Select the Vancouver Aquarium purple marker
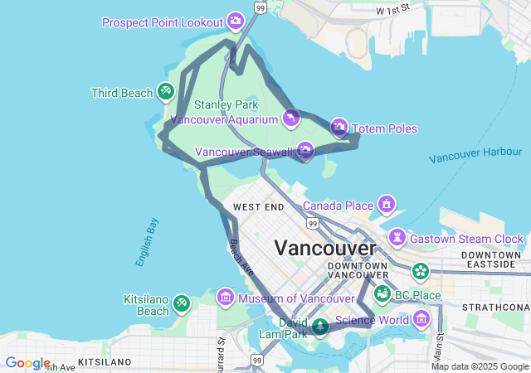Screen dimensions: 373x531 (290, 119)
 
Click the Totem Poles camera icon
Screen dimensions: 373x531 (339, 127)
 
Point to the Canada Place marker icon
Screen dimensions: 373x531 (386, 204)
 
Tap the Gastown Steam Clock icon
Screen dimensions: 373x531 (398, 238)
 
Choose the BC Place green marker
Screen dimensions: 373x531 (382, 293)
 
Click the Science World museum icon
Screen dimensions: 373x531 (422, 319)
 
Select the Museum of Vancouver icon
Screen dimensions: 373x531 (225, 297)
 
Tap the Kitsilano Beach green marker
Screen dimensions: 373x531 (182, 304)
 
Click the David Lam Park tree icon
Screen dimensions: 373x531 (320, 327)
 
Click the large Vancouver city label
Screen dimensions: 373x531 (324, 248)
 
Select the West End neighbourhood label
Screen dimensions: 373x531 (259, 206)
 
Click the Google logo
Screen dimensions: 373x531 (27, 363)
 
